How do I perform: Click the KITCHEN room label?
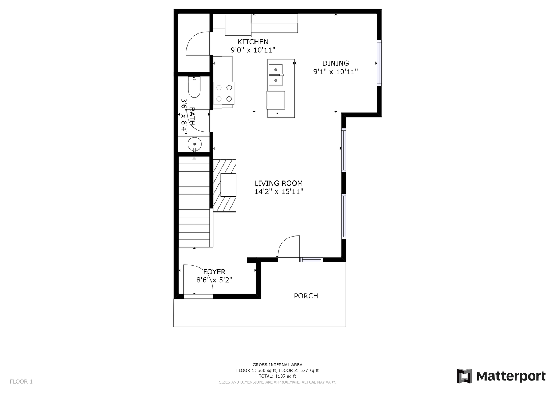pos(253,42)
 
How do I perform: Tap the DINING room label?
pos(335,63)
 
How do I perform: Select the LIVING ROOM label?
pos(278,183)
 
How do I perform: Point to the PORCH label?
pos(306,296)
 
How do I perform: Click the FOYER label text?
pos(214,272)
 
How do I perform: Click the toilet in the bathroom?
pos(194,87)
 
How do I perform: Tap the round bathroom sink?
pos(194,144)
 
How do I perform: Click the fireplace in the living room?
pos(225,185)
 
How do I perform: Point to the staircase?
pos(194,202)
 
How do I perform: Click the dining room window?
pos(379,63)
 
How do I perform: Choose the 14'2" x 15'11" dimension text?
pos(279,191)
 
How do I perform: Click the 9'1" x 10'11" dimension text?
pos(335,72)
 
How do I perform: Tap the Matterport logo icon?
pos(464,376)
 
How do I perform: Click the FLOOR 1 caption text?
pos(21,381)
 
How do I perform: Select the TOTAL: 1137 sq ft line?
pos(277,376)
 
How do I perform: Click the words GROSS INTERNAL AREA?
pos(277,365)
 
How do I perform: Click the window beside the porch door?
pos(311,259)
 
